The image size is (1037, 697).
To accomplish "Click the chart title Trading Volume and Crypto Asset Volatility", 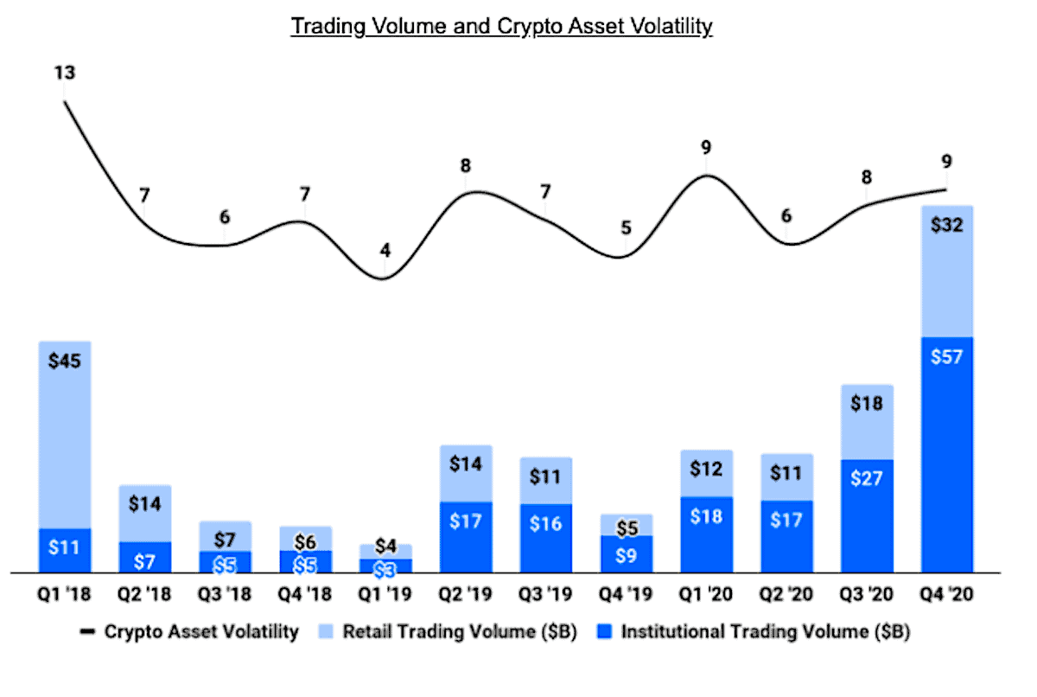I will pyautogui.click(x=501, y=26).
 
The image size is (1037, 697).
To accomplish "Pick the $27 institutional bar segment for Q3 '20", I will pyautogui.click(x=867, y=515).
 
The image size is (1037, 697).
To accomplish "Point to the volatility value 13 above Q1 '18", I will pyautogui.click(x=65, y=73).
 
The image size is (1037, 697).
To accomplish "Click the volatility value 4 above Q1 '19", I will pyautogui.click(x=385, y=252).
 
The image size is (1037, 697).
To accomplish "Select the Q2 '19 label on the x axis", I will pyautogui.click(x=466, y=594).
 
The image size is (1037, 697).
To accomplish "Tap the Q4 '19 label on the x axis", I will pyautogui.click(x=626, y=594).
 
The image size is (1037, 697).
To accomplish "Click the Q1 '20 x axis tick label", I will pyautogui.click(x=706, y=594).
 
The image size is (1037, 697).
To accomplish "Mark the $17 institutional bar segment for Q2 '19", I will pyautogui.click(x=466, y=537).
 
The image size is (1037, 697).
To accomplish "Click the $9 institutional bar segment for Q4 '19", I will pyautogui.click(x=626, y=553).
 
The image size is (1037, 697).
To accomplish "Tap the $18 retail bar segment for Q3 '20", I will pyautogui.click(x=867, y=422).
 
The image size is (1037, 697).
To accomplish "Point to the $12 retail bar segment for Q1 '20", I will pyautogui.click(x=706, y=473).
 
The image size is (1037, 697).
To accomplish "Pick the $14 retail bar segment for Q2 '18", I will pyautogui.click(x=145, y=513).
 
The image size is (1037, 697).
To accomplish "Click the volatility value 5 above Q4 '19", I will pyautogui.click(x=626, y=228).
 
